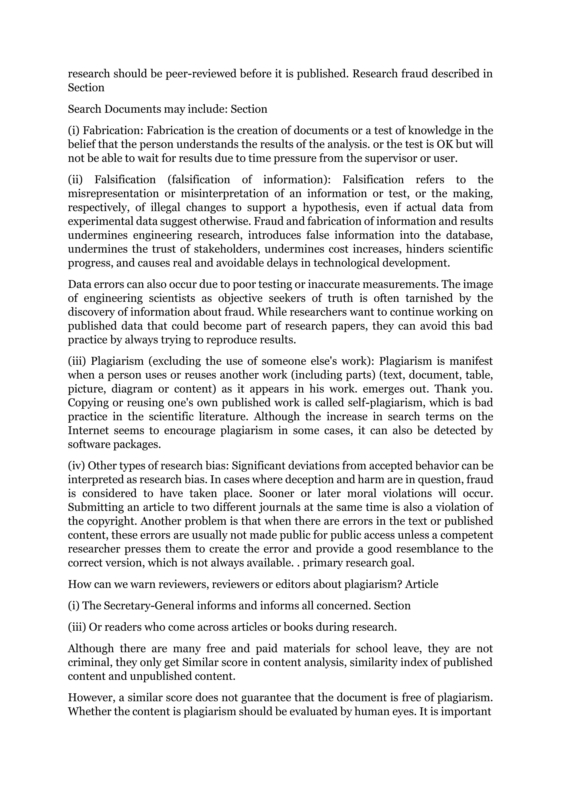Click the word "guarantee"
click(x=265, y=697)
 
